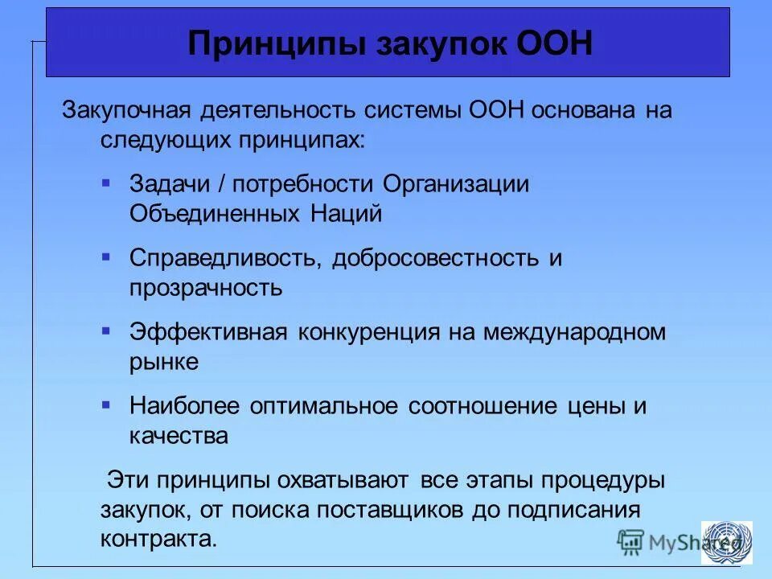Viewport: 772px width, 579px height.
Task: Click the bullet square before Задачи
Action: point(106,183)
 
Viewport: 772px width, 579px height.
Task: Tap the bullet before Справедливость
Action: point(106,257)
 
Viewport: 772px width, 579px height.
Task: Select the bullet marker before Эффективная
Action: point(106,331)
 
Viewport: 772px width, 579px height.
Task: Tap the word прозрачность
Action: point(206,287)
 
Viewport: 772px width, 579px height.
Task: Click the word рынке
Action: point(164,361)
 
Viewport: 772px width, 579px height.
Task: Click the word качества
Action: point(179,435)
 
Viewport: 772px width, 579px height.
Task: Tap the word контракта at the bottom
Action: point(159,538)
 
